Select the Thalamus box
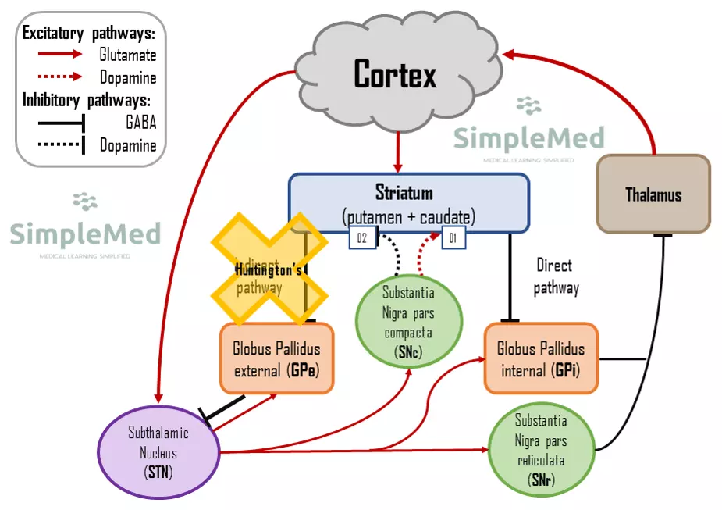click(x=653, y=194)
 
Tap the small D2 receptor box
click(x=361, y=238)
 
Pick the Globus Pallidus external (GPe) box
click(x=276, y=359)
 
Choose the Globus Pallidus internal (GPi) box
click(x=541, y=359)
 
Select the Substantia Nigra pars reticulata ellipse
click(x=541, y=451)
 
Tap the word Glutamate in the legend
click(x=127, y=55)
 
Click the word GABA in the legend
click(x=140, y=123)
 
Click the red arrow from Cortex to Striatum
click(x=399, y=153)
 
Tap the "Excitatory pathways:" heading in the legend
click(x=88, y=34)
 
